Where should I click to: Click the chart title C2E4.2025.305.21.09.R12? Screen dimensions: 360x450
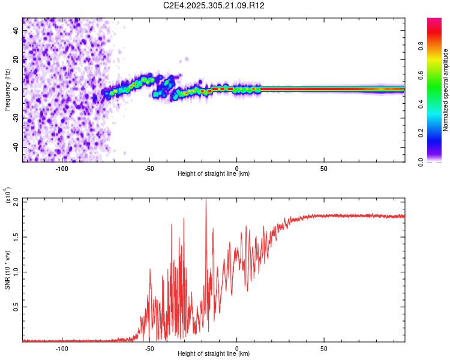214,6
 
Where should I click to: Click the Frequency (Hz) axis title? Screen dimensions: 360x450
7,89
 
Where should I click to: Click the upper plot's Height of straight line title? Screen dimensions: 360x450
214,174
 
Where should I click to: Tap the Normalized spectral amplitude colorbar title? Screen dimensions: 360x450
446,91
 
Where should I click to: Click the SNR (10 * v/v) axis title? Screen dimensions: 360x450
7,269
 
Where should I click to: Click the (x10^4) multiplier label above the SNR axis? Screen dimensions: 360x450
7,196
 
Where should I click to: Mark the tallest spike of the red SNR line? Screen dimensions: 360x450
206,200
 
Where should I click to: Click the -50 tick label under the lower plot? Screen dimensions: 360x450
149,348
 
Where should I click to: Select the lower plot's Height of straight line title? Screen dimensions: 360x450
214,354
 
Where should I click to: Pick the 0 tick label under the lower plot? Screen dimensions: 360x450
237,348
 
